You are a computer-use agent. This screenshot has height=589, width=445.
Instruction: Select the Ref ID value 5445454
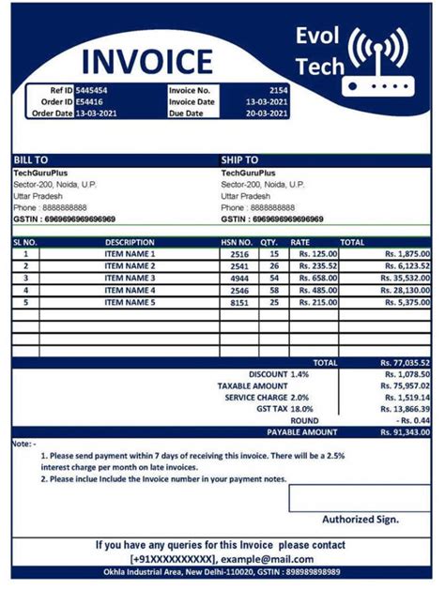[x=93, y=90]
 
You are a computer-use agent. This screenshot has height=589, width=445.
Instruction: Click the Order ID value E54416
[x=90, y=101]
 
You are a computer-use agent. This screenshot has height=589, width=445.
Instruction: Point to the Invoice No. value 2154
[x=279, y=90]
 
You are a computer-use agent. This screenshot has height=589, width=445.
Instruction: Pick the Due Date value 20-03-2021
[x=267, y=113]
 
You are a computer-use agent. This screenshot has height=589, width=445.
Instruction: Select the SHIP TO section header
[x=239, y=160]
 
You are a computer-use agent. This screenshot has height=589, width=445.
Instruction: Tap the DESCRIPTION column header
[x=130, y=242]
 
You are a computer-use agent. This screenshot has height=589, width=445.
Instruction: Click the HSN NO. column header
[x=238, y=242]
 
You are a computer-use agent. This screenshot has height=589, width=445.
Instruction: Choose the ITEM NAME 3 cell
[x=130, y=279]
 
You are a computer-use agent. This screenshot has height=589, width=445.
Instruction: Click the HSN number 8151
[x=239, y=303]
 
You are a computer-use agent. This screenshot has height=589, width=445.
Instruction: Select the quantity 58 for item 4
[x=274, y=291]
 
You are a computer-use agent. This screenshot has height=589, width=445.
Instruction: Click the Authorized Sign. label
[x=360, y=519]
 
